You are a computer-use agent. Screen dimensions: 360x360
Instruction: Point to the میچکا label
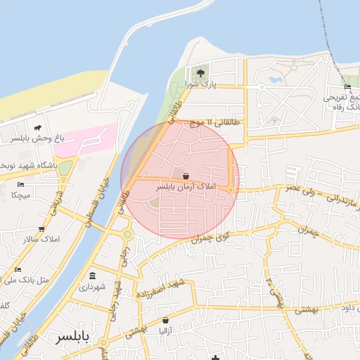pos(19,195)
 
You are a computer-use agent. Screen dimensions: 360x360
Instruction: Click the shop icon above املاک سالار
pos(41,229)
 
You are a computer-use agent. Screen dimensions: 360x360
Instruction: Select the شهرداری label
pos(93,286)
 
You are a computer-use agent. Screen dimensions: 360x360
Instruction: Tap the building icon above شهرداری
pos(93,276)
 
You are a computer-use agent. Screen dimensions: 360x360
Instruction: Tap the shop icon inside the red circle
pos(186,176)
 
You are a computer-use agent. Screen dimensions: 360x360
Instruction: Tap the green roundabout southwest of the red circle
pos(127,235)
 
